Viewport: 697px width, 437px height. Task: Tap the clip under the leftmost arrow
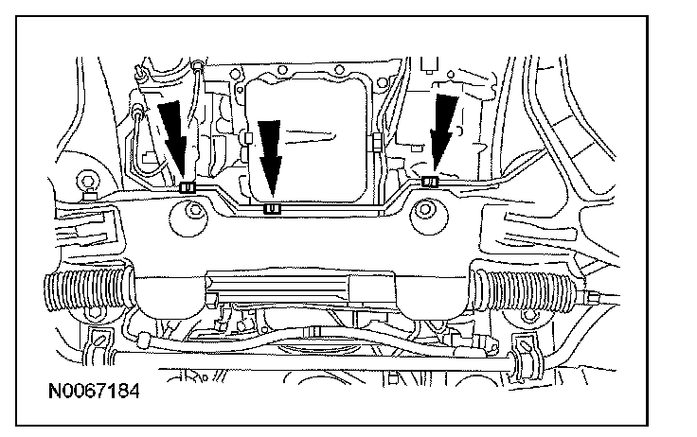(187, 186)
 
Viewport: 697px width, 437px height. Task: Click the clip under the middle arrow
(273, 207)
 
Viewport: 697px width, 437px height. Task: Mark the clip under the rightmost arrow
(429, 181)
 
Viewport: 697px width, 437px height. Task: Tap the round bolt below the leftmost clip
(188, 221)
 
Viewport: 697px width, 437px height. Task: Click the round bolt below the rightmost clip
(424, 220)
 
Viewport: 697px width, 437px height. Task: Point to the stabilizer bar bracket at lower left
(98, 351)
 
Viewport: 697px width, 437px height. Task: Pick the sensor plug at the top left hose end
(140, 114)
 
